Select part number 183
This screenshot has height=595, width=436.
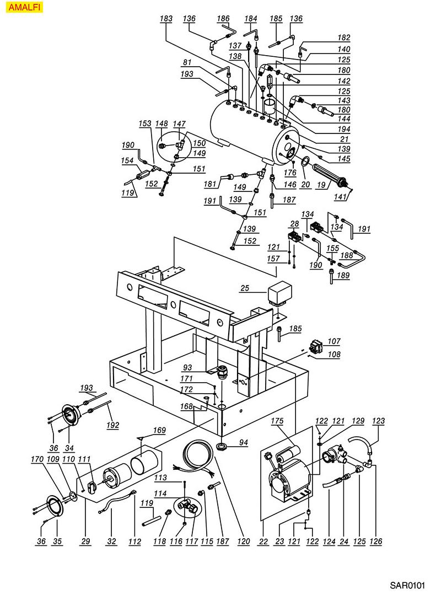pyautogui.click(x=166, y=19)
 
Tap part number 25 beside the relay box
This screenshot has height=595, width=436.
pyautogui.click(x=245, y=288)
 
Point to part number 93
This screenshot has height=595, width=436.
pyautogui.click(x=187, y=367)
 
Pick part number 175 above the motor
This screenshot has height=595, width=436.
pyautogui.click(x=277, y=421)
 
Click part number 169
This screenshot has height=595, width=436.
pyautogui.click(x=159, y=430)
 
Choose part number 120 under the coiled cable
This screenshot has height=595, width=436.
pyautogui.click(x=244, y=542)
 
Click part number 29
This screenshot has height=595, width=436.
pyautogui.click(x=85, y=542)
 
